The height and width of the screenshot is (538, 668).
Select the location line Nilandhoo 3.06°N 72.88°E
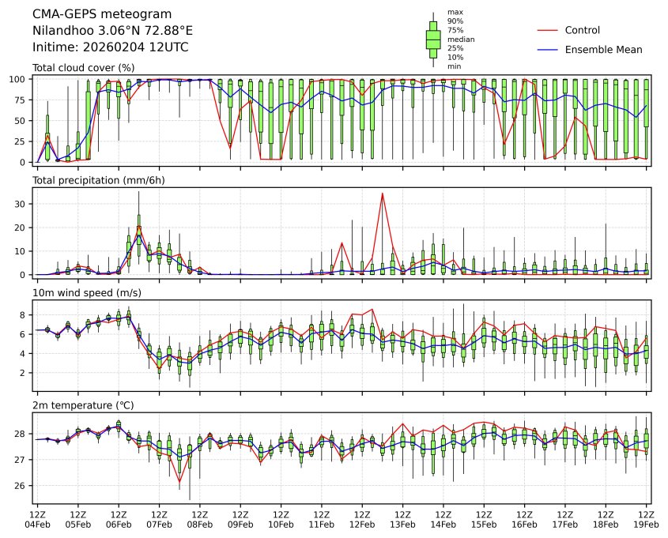112,31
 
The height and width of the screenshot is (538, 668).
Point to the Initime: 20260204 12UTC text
110,47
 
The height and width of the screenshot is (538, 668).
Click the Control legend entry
583,30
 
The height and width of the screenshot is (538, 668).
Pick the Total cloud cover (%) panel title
83,67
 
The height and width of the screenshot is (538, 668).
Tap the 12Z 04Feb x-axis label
37,519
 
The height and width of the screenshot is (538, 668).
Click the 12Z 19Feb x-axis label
646,519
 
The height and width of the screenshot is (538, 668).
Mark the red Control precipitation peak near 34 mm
383,193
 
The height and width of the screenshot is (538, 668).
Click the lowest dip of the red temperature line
179,481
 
